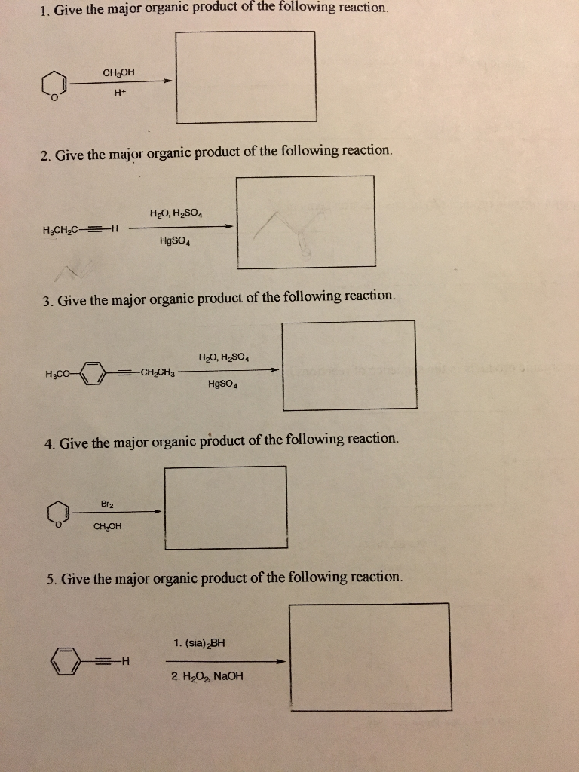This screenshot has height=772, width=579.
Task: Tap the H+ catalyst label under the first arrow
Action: coord(118,93)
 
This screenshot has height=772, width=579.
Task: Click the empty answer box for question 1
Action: coord(245,76)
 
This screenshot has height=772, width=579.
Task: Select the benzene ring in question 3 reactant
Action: coord(93,373)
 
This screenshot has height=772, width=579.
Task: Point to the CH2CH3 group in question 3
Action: coord(157,371)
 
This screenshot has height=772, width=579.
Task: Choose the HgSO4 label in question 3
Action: coord(224,384)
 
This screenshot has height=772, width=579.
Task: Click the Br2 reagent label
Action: coord(106,502)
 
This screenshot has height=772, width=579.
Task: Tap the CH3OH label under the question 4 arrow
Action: coord(106,527)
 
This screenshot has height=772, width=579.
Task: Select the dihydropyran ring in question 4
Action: coord(57,514)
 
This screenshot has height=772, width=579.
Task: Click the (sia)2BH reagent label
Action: coord(199,643)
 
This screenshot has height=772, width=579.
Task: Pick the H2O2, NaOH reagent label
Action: coord(207,675)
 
